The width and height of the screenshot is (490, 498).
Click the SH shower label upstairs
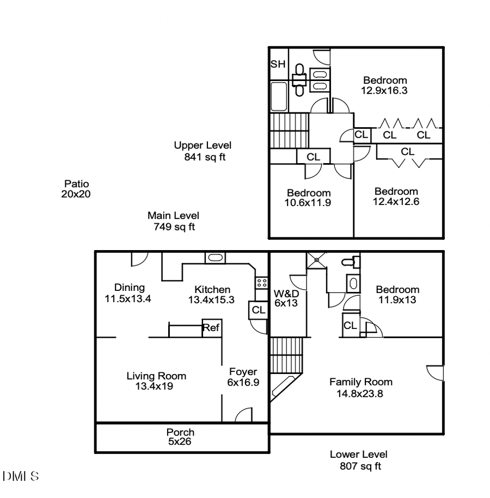(278, 64)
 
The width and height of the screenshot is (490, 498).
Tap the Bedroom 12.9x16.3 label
(384, 85)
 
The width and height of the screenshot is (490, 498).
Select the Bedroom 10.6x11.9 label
(309, 198)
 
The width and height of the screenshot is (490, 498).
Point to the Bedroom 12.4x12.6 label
(396, 196)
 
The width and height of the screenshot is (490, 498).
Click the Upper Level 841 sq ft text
(203, 151)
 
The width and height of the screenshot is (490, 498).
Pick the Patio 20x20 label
(76, 189)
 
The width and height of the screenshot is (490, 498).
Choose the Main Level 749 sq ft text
(173, 221)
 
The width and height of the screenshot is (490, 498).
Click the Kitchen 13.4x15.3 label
(212, 294)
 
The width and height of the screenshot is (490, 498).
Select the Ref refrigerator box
(211, 328)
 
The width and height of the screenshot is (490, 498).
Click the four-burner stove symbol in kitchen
(261, 282)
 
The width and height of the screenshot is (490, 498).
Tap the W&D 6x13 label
(286, 298)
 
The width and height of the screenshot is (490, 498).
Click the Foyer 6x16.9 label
(243, 377)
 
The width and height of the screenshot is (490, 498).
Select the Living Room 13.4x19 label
(156, 381)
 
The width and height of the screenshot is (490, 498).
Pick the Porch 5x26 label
(180, 437)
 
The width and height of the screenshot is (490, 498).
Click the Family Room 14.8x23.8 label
(360, 388)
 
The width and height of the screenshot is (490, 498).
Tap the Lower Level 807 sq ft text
(359, 460)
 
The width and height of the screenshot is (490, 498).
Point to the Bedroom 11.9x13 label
(397, 295)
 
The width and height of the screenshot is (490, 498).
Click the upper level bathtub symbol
(279, 96)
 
